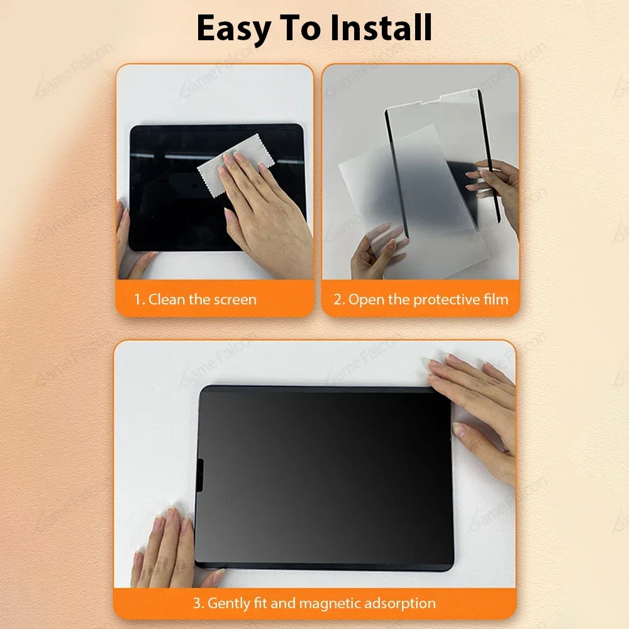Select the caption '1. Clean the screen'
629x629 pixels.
196,299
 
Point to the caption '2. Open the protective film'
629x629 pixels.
421,299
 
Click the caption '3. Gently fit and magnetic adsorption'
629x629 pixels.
314,604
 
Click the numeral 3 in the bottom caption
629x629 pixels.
197,604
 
